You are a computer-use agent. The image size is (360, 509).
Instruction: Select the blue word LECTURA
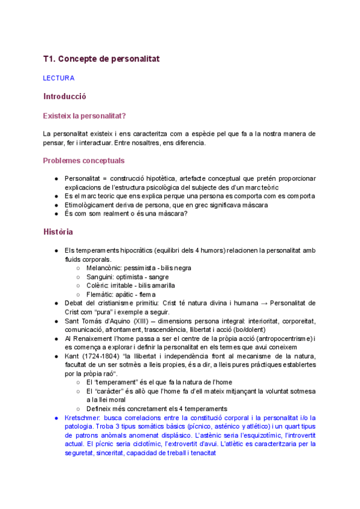coord(59,78)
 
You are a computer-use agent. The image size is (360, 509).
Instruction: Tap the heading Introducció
coord(65,96)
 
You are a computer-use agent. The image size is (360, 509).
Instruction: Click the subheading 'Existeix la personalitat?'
coord(88,115)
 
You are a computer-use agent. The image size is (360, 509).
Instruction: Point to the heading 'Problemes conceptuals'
coord(84,161)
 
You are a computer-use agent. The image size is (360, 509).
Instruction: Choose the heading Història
coord(58,232)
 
